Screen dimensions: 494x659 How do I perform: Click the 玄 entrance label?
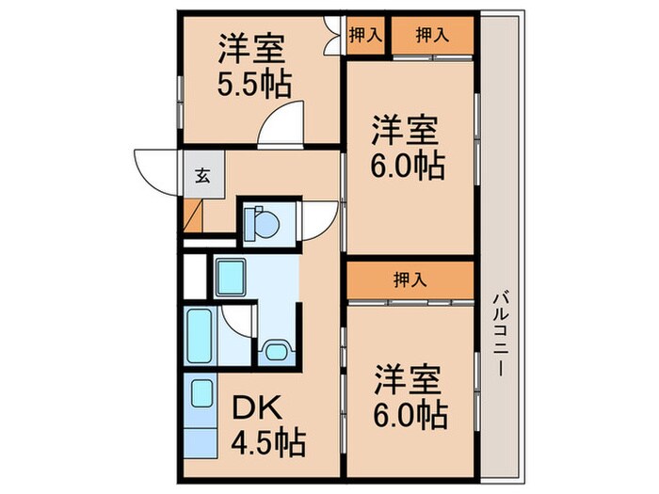202,174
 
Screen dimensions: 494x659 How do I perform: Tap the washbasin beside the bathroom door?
274,351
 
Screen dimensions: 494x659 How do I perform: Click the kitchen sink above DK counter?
201,391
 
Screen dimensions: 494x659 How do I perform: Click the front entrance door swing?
158,168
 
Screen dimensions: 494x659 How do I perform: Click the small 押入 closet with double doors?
365,36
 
